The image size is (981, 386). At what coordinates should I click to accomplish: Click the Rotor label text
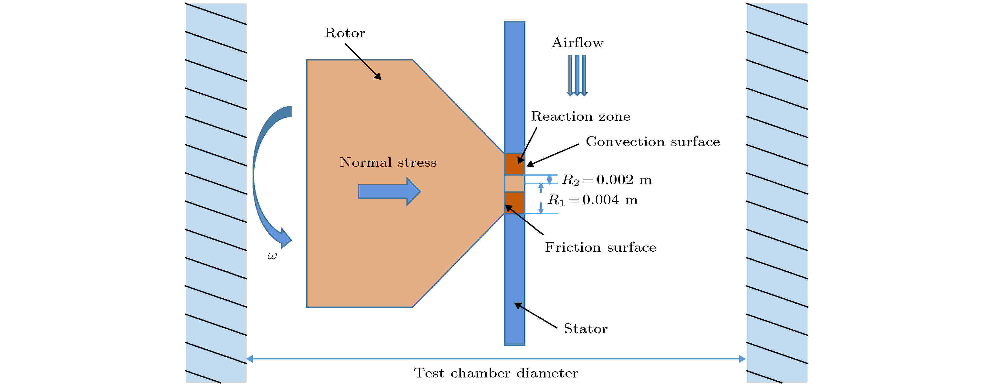[x=345, y=33]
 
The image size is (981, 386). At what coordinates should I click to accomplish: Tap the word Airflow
[x=577, y=43]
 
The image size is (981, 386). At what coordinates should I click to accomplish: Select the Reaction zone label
[x=580, y=116]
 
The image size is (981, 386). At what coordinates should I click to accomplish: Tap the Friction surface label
[x=601, y=247]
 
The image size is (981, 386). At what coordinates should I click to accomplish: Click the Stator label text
[x=585, y=328]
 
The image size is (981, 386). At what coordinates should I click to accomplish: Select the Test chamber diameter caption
[x=496, y=373]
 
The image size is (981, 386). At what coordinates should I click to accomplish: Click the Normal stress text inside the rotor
[x=388, y=162]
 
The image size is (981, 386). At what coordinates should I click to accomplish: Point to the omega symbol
[x=272, y=256]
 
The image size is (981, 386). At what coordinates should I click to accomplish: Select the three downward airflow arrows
[x=577, y=75]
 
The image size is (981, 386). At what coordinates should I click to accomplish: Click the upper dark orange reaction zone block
[x=514, y=164]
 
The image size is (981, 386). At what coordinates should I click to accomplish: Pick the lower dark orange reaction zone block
[x=514, y=203]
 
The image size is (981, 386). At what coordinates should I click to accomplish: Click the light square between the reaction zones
[x=514, y=183]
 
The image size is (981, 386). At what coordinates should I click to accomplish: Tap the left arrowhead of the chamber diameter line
[x=250, y=359]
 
